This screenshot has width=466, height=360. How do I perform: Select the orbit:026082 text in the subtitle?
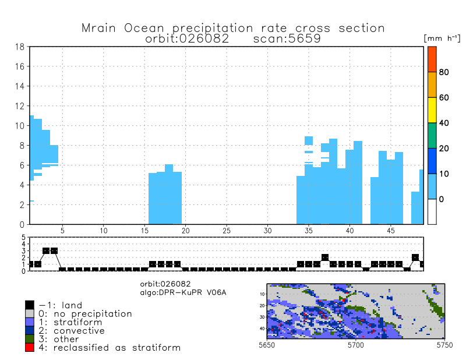[x=186, y=39]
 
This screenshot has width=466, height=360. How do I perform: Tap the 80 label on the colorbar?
[x=444, y=72]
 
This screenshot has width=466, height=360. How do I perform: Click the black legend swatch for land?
[x=30, y=305]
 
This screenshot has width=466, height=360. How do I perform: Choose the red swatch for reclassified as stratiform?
[x=30, y=348]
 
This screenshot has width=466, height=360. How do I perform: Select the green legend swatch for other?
[x=30, y=339]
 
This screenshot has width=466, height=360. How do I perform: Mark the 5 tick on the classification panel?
[x=23, y=238]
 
